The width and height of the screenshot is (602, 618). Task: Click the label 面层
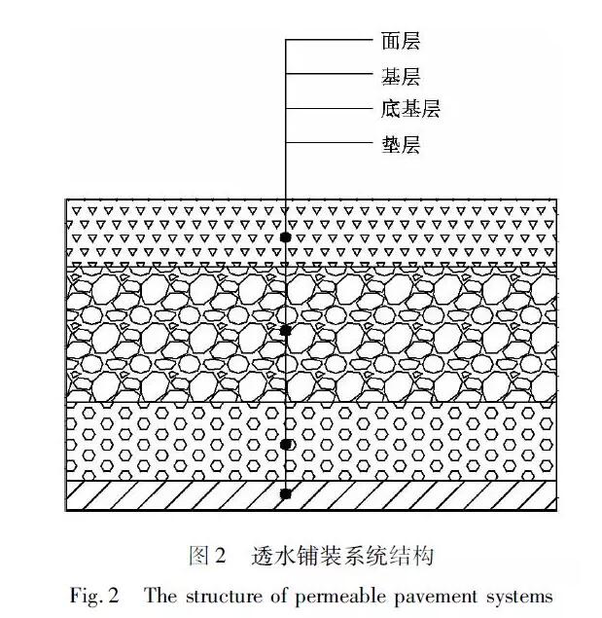401,41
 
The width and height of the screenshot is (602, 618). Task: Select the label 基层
401,76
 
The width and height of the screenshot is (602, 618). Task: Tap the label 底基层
410,108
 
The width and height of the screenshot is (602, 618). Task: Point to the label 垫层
401,144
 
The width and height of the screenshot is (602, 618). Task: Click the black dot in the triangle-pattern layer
286,237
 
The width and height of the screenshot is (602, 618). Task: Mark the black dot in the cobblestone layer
286,331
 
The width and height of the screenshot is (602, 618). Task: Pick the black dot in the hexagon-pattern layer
286,444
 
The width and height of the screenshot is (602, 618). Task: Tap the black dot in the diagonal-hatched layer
286,493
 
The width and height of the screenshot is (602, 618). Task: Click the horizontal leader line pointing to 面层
329,40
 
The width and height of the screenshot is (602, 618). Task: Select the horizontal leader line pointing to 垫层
329,142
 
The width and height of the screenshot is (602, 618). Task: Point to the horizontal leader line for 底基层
329,108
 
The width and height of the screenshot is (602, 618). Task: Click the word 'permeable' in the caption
341,597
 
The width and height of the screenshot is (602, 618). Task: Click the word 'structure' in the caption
224,597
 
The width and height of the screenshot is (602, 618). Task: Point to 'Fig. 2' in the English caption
94,596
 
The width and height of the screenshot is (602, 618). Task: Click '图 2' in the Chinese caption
207,556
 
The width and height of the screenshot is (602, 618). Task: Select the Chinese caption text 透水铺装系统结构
342,556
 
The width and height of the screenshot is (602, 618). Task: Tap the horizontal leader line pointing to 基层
329,74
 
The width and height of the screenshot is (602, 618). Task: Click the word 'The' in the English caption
160,596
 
